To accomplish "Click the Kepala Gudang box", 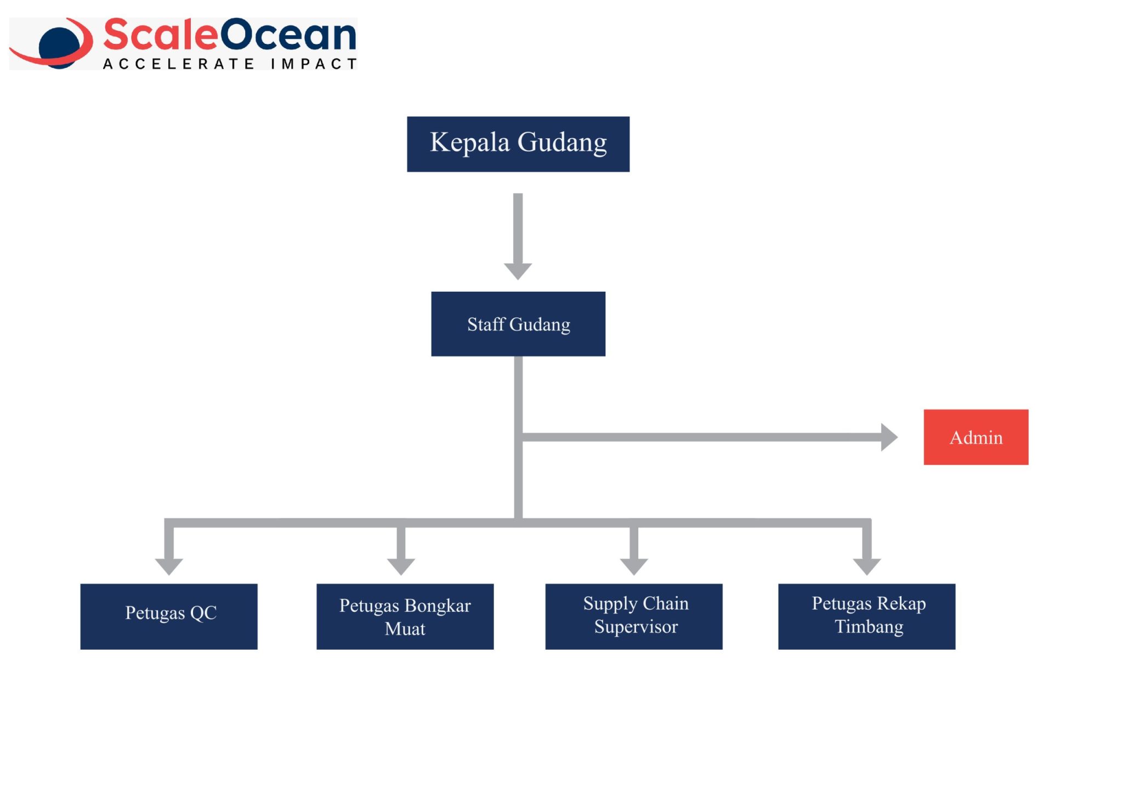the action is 518,144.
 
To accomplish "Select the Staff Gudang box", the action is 518,324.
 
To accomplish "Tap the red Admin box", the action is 976,437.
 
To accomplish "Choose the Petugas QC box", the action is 169,616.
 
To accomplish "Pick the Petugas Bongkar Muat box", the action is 405,616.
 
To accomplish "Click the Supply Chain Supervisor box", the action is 634,616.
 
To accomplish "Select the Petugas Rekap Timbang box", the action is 867,616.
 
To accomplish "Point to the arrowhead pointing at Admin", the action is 889,437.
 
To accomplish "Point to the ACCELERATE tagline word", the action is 179,64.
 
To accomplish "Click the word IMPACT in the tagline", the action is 314,64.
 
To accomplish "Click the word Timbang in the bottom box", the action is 869,627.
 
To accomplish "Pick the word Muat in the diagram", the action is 405,628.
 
